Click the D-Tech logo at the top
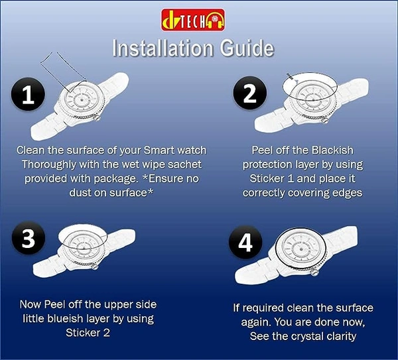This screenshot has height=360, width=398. pyautogui.click(x=193, y=20)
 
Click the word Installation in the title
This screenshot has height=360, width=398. pyautogui.click(x=163, y=48)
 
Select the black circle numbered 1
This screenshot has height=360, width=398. pyautogui.click(x=28, y=94)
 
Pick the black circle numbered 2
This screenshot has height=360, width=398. pyautogui.click(x=250, y=93)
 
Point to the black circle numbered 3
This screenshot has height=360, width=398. pyautogui.click(x=29, y=238)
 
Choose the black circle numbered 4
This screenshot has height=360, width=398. pyautogui.click(x=245, y=242)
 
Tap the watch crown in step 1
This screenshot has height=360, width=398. pyautogui.click(x=96, y=118)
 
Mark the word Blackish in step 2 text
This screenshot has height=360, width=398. pyautogui.click(x=332, y=150)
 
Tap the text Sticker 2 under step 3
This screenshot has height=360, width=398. pyautogui.click(x=88, y=333)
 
